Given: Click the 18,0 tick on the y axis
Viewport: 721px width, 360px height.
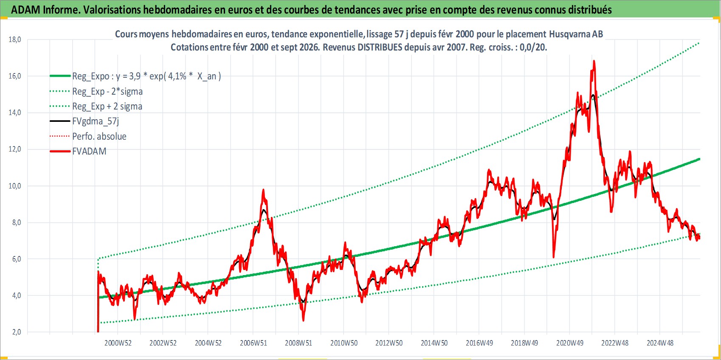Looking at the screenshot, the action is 14,39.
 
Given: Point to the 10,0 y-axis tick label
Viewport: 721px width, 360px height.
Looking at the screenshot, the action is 14,186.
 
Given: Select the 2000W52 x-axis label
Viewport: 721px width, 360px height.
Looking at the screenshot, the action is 118,343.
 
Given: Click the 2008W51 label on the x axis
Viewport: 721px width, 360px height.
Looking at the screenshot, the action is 299,343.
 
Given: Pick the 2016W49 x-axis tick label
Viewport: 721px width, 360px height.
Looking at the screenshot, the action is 479,343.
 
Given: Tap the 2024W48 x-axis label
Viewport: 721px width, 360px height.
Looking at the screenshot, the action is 660,343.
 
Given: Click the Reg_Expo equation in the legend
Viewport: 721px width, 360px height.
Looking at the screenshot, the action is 146,76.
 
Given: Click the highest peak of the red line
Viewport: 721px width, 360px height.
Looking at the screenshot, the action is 594,61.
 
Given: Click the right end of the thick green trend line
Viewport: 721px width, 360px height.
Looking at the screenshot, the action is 699,159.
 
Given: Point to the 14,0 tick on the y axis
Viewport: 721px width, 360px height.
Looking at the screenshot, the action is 14,112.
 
